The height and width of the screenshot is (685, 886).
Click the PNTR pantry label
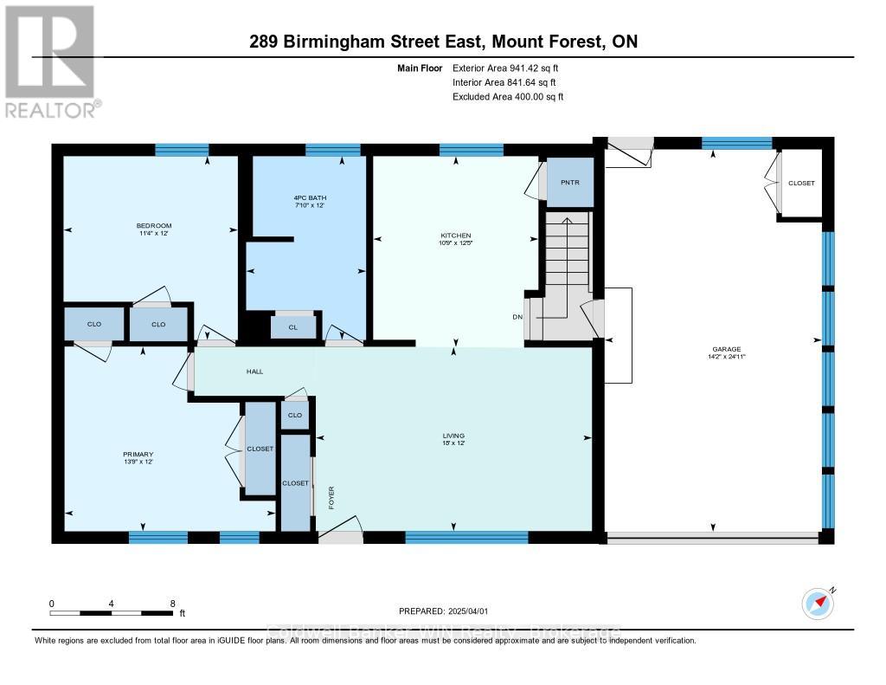[x=570, y=183]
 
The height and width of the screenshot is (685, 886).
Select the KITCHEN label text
[x=455, y=236]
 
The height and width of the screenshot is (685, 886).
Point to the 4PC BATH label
[x=309, y=198]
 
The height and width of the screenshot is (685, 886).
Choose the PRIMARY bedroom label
[x=138, y=454]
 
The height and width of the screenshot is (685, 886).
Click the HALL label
[x=254, y=372]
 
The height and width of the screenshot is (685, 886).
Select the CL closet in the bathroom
[x=293, y=327]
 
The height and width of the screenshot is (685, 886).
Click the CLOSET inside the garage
[x=800, y=184]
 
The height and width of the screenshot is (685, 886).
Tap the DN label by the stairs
[x=517, y=317]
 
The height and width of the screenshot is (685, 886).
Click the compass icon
[x=817, y=603]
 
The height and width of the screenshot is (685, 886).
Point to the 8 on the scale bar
[x=173, y=603]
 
